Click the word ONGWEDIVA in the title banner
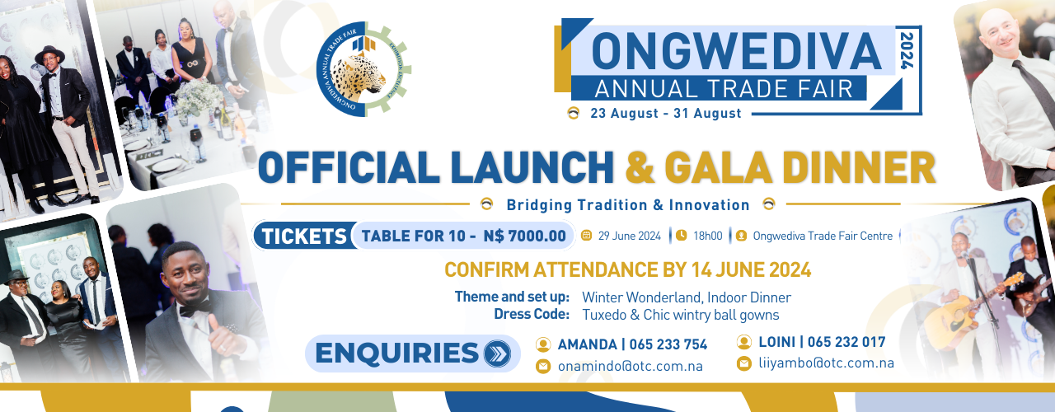(x=736, y=51)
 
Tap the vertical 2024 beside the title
(x=907, y=51)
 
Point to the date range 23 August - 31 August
(x=665, y=114)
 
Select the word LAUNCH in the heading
(x=532, y=167)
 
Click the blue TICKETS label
(x=304, y=236)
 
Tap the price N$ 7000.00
(x=525, y=236)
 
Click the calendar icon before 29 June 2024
(x=586, y=236)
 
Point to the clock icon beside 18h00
(x=681, y=235)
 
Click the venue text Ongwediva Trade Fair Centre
(x=823, y=236)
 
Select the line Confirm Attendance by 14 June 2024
(x=628, y=269)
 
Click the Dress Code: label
(x=532, y=314)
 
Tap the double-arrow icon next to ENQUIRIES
(x=497, y=353)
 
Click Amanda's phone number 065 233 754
(x=668, y=344)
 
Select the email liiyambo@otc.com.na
(x=826, y=363)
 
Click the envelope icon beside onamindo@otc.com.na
(x=543, y=366)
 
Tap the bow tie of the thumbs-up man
(x=195, y=308)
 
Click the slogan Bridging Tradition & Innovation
(x=628, y=205)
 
